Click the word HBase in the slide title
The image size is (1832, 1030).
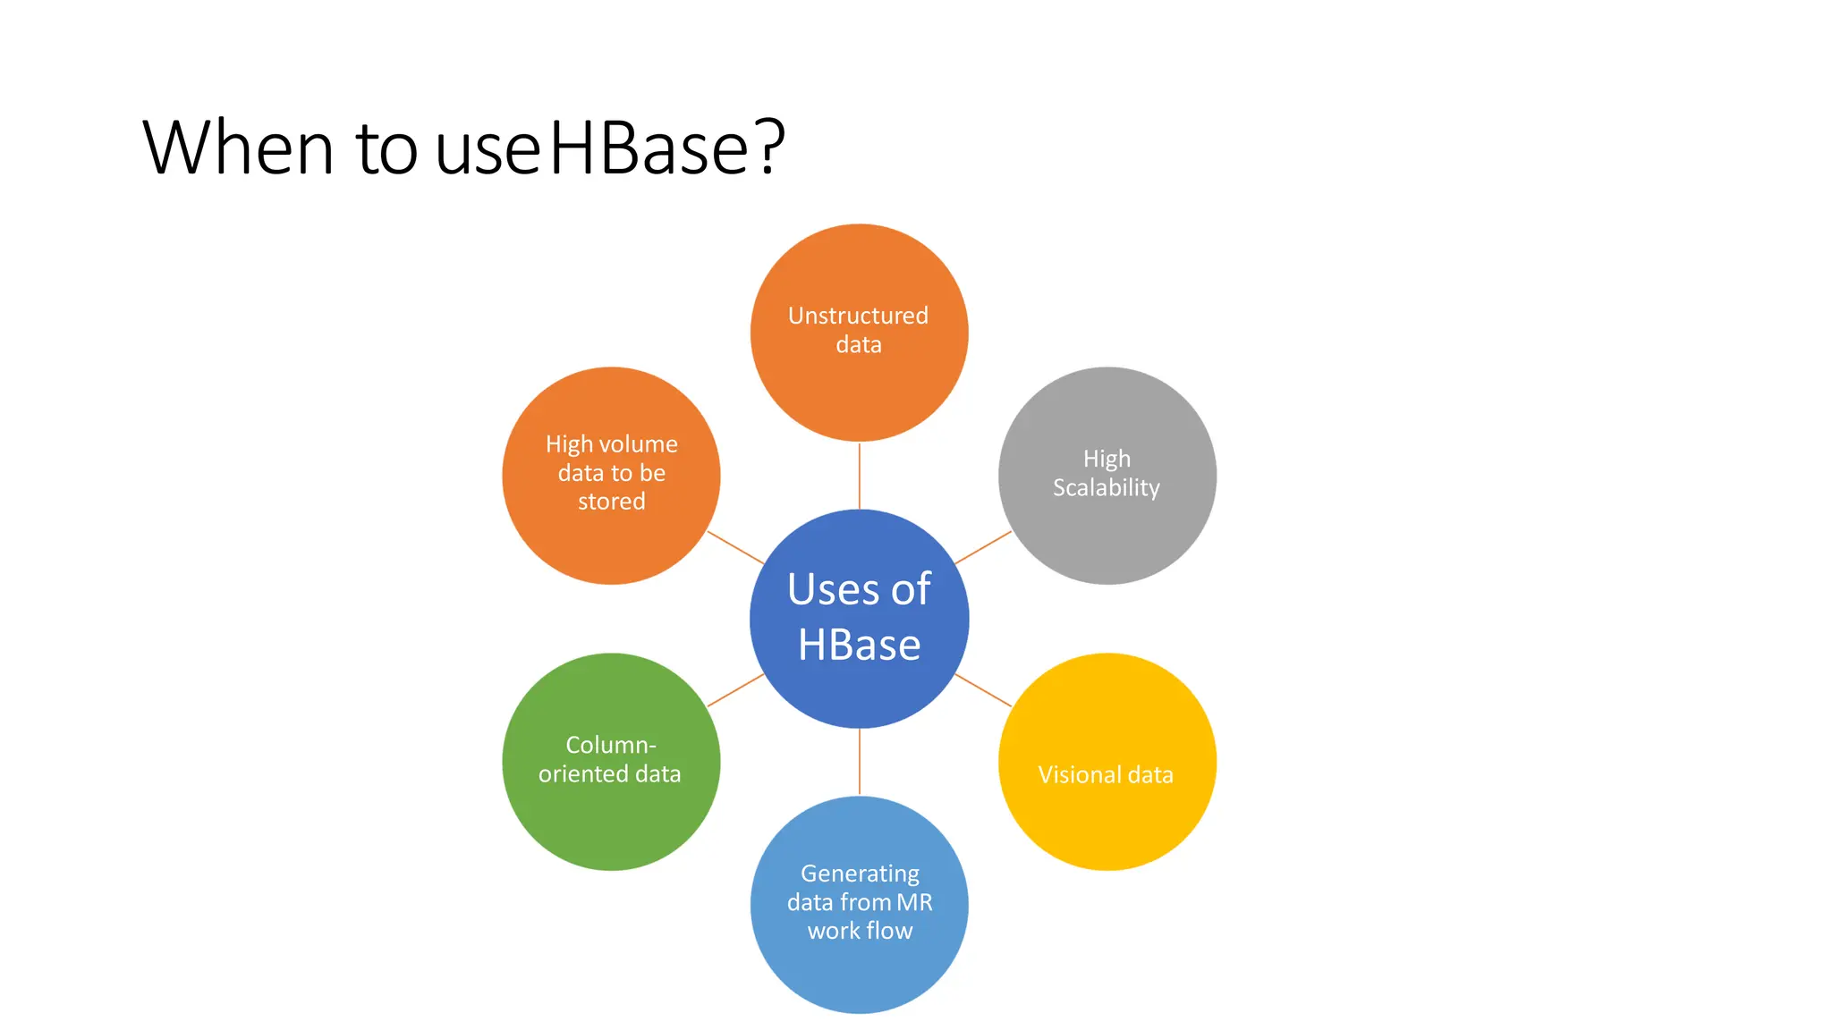(x=649, y=148)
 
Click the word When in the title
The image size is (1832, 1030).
(x=238, y=148)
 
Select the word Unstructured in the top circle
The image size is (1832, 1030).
(x=858, y=316)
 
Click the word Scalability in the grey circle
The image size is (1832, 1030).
(x=1106, y=488)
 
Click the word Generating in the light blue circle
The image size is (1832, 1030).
(x=860, y=874)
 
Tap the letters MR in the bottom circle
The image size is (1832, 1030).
(x=914, y=902)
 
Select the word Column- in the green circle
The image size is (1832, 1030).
(x=611, y=745)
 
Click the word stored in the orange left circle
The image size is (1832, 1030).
(x=611, y=502)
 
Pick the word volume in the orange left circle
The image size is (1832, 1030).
(x=638, y=444)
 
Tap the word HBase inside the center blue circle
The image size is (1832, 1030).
(x=859, y=645)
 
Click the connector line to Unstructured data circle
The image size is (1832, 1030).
(x=860, y=476)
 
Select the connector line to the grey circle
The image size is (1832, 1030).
(x=983, y=547)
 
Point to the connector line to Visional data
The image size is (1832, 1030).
(x=983, y=690)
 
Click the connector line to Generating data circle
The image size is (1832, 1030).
(x=860, y=762)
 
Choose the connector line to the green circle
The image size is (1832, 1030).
(x=735, y=690)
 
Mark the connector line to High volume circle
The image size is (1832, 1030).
(x=735, y=547)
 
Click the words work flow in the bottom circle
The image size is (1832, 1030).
(x=860, y=931)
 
